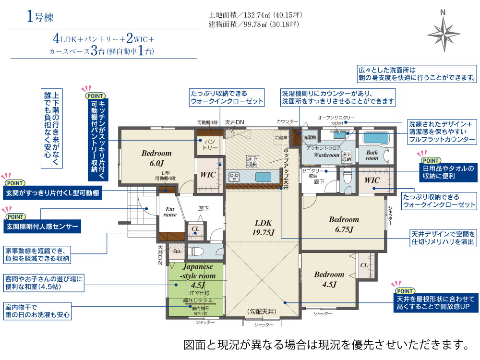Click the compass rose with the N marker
coord(444,33)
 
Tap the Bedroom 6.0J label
coord(156,158)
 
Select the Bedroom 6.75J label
coord(344,224)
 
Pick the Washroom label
coord(326,156)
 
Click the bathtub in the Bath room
coord(378,138)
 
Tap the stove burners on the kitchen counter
coord(235,177)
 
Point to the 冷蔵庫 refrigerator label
coord(280,137)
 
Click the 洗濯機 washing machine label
coord(310,137)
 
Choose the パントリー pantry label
coord(209,144)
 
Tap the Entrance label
coord(171,212)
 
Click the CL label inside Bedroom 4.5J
coord(363,264)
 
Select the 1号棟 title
coord(40,18)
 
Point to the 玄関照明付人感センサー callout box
coord(41,226)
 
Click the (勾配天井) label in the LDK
coord(264,311)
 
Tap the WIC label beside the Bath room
coord(372,180)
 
